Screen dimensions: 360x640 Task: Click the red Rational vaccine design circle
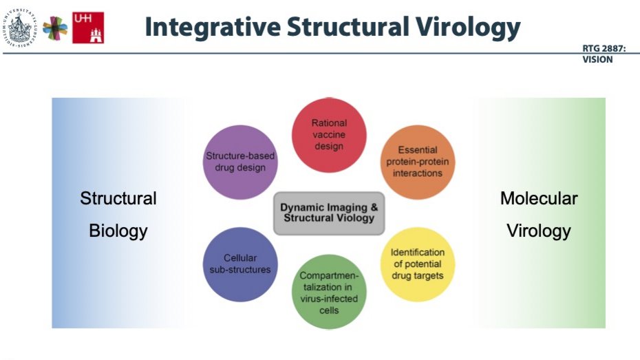[x=329, y=135]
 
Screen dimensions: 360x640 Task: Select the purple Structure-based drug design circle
[x=240, y=162]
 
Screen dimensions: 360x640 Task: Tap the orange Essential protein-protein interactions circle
[x=418, y=162]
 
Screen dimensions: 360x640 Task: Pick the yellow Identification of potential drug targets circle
[x=418, y=264]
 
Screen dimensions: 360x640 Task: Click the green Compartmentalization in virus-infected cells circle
[x=329, y=292]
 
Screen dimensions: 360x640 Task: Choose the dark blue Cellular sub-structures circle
[x=240, y=264]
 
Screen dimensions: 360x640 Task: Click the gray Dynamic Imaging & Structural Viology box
[x=329, y=213]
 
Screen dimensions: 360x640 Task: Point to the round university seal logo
[x=21, y=27]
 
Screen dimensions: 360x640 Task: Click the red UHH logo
[x=88, y=28]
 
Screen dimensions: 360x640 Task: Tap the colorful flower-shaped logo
[x=55, y=28]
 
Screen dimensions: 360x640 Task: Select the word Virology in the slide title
[x=469, y=27]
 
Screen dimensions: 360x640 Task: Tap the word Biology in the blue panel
[x=118, y=230]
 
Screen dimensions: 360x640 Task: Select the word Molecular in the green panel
[x=539, y=199]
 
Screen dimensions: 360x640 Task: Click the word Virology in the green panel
[x=539, y=230]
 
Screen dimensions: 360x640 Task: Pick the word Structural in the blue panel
[x=118, y=199]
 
